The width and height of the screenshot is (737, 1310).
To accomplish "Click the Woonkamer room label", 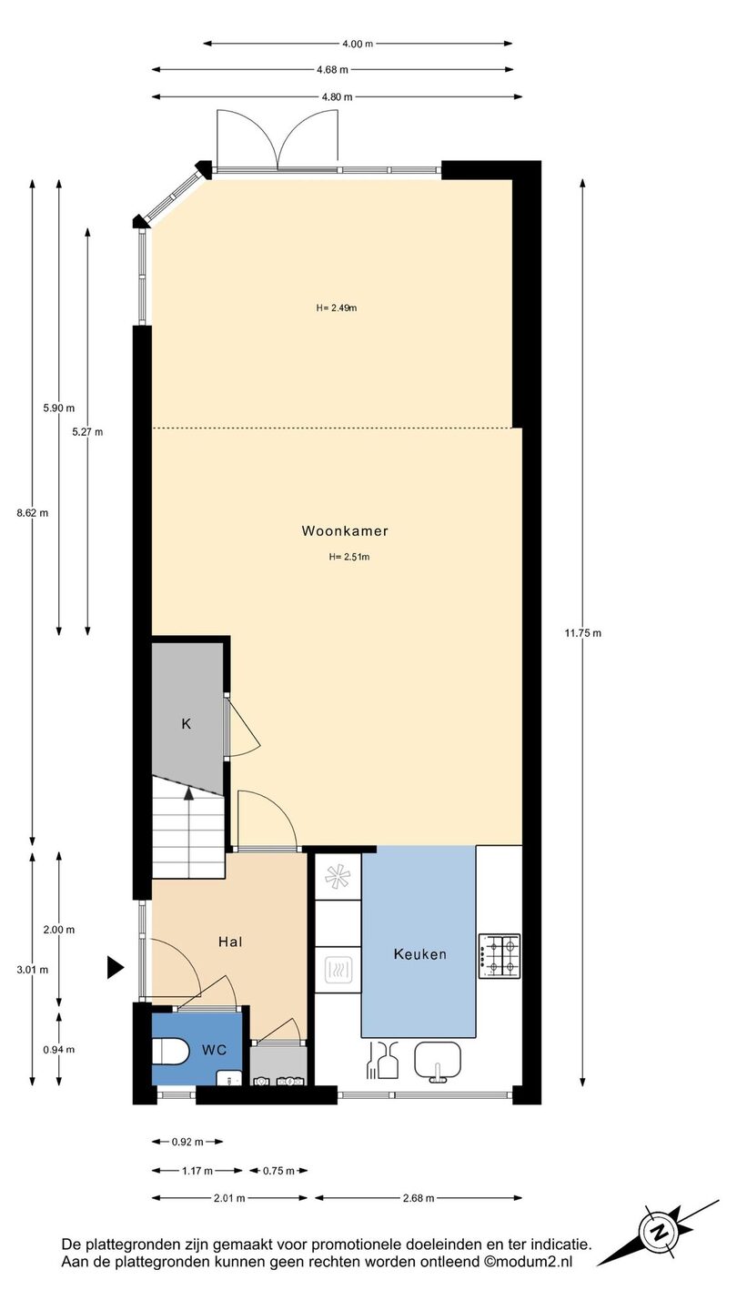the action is [x=345, y=531].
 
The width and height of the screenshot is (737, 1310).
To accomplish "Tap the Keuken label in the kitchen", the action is [x=420, y=954].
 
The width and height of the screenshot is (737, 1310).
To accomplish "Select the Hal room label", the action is [x=230, y=942].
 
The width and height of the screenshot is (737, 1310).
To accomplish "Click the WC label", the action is [x=214, y=1050].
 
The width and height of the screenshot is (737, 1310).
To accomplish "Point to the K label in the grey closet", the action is [x=186, y=724].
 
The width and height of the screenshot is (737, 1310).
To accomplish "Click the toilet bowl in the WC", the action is [x=171, y=1052].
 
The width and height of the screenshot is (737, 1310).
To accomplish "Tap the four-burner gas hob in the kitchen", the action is [x=500, y=956].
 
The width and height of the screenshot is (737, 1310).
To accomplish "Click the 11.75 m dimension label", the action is [x=582, y=633].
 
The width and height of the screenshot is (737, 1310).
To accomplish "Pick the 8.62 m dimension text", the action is [x=32, y=513].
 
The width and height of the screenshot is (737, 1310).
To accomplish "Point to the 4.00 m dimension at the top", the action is [x=358, y=44].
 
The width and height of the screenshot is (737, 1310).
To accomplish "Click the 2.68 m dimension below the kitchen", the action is [x=419, y=1198].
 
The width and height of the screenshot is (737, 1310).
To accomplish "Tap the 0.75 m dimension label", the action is [x=278, y=1170].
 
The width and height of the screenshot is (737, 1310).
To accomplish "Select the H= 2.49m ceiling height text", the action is [x=337, y=307].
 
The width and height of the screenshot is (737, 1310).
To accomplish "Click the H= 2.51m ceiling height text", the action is [x=349, y=557].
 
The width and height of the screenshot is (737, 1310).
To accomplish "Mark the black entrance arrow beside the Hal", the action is [x=115, y=968].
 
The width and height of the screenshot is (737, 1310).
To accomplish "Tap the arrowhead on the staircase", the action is [x=188, y=792].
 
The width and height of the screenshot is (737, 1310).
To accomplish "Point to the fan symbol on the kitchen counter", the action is [x=338, y=875].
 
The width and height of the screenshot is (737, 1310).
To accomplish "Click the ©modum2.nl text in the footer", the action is [x=528, y=1262].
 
